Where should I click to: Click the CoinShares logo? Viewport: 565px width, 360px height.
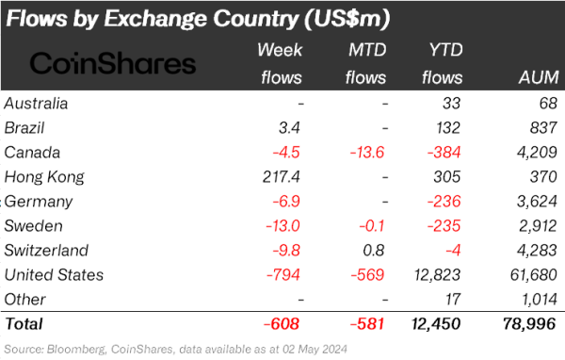point(113,63)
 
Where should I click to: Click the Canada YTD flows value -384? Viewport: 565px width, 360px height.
point(444,152)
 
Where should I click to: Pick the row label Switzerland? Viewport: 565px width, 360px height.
point(47,250)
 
